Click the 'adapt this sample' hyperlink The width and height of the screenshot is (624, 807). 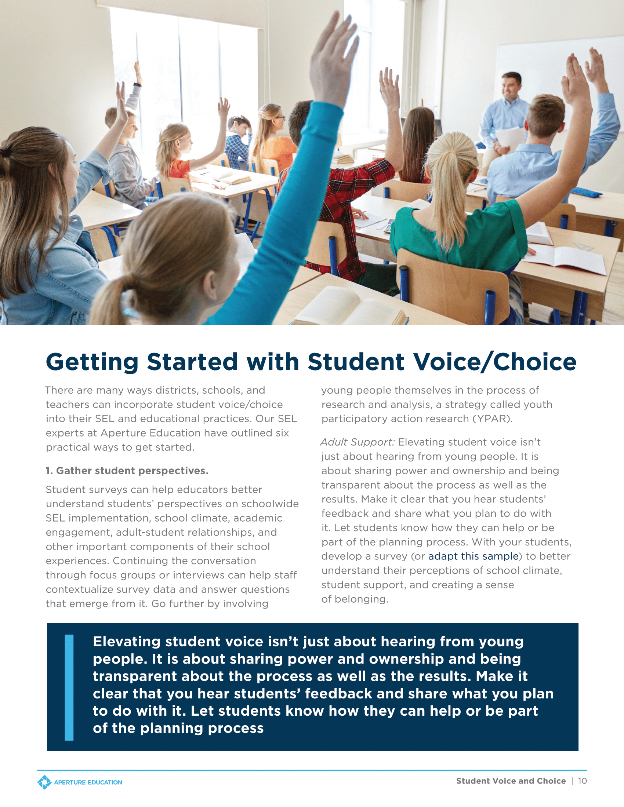pos(473,556)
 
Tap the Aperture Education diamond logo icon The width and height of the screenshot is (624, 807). pos(44,782)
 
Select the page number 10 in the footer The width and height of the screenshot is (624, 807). pos(582,781)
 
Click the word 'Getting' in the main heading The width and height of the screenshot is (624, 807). pos(92,362)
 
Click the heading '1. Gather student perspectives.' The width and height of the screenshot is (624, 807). pos(127,471)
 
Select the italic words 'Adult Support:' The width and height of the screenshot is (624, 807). pos(358,442)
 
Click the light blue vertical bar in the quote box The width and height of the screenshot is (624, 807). pos(69,687)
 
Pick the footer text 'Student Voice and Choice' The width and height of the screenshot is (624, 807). pos(511,781)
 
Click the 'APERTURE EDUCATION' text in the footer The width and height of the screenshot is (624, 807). pos(88,782)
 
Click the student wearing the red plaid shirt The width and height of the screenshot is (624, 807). pos(344,192)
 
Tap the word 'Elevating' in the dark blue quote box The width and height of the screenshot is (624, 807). pos(126,642)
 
